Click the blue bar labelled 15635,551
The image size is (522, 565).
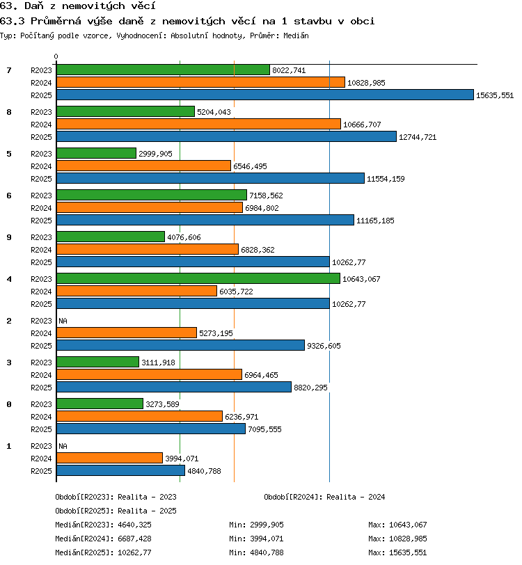click(x=265, y=95)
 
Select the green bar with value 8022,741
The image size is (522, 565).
click(x=163, y=70)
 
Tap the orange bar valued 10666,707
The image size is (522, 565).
click(x=198, y=124)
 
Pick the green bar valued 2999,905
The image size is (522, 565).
click(x=96, y=153)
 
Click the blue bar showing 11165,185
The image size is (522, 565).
click(x=205, y=220)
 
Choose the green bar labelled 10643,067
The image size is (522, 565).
click(x=198, y=278)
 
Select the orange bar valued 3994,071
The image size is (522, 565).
click(x=109, y=458)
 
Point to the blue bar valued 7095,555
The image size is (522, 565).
click(x=151, y=429)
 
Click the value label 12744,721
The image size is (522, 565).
click(x=418, y=137)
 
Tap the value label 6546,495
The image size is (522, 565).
click(x=250, y=166)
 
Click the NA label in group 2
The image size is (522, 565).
click(x=63, y=321)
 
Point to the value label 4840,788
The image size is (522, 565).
click(x=204, y=471)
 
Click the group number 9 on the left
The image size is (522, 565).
click(x=9, y=237)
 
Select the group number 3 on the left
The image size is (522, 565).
click(x=9, y=363)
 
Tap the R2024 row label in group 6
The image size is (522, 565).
click(x=41, y=208)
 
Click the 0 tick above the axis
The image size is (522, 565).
click(x=56, y=56)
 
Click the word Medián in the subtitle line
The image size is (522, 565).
click(x=296, y=35)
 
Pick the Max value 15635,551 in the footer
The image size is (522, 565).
click(x=408, y=552)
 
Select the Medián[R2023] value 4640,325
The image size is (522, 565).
click(x=134, y=525)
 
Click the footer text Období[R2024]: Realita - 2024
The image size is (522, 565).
click(x=324, y=497)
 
